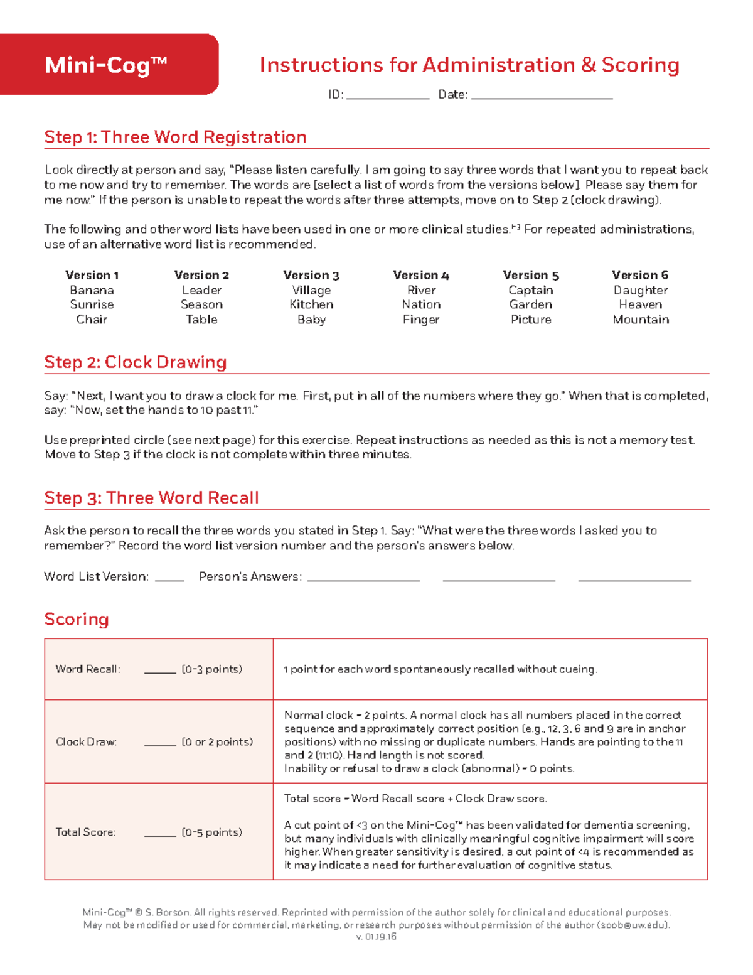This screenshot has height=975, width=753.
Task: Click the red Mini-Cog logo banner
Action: pos(109,65)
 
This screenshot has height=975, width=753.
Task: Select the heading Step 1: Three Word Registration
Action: pos(175,137)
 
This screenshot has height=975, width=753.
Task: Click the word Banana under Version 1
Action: pos(92,290)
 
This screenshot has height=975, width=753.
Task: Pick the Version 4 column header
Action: pos(421,275)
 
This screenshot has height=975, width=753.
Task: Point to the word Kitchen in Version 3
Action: pos(311,304)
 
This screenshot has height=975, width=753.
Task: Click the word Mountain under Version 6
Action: pos(641,320)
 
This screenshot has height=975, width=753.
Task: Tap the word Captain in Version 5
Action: pos(531,290)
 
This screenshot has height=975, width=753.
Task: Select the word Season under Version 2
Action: pos(201,304)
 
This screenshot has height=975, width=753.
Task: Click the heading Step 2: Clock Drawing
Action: pos(136,362)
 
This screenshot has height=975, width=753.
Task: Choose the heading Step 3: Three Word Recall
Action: pos(151,498)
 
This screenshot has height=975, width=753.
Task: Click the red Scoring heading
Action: pos(77,619)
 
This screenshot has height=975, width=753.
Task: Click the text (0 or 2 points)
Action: pos(217,742)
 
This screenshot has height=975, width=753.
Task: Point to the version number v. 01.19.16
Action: pos(376,937)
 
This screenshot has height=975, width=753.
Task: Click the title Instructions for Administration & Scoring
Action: pos(469,65)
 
